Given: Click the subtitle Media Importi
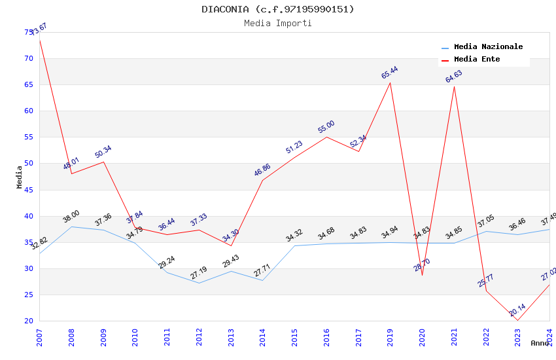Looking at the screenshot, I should tap(278, 24).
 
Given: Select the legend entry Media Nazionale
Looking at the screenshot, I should tap(488, 47).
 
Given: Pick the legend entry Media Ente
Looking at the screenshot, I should tap(477, 60).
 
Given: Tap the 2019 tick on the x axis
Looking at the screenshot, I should tap(391, 337).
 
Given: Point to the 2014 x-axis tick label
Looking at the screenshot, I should tap(263, 337).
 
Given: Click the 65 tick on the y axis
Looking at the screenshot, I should tap(28, 85).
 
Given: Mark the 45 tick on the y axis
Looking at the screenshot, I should tap(28, 190).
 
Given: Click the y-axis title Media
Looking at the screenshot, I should tap(20, 177).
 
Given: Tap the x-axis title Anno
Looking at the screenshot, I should tap(540, 343).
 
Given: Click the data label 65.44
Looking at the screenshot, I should tap(390, 73).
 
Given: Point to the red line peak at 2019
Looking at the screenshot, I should tap(391, 82).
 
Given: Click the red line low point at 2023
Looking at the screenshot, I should tap(518, 320).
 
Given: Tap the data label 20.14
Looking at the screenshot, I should tap(517, 310).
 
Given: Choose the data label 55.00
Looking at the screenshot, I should tap(326, 127).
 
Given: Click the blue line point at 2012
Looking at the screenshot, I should tap(199, 283).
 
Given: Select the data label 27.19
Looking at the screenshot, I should tap(198, 273).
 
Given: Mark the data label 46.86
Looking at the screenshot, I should tap(262, 170).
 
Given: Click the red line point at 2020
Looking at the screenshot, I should tap(422, 275).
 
